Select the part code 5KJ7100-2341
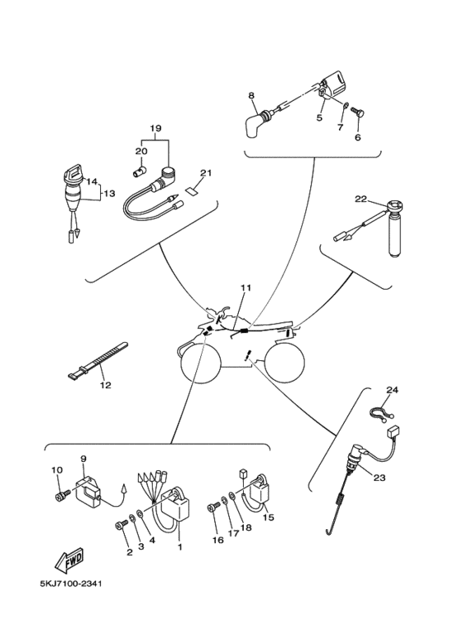point(71,583)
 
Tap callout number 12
point(105,385)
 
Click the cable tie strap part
point(97,358)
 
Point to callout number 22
point(360,199)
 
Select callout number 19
point(155,128)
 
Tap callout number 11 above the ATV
point(246,288)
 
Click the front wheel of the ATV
point(202,363)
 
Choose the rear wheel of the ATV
point(284,362)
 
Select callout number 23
point(379,477)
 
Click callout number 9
point(84,459)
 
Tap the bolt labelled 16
point(214,507)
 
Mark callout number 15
point(268,517)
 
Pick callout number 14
point(93,181)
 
